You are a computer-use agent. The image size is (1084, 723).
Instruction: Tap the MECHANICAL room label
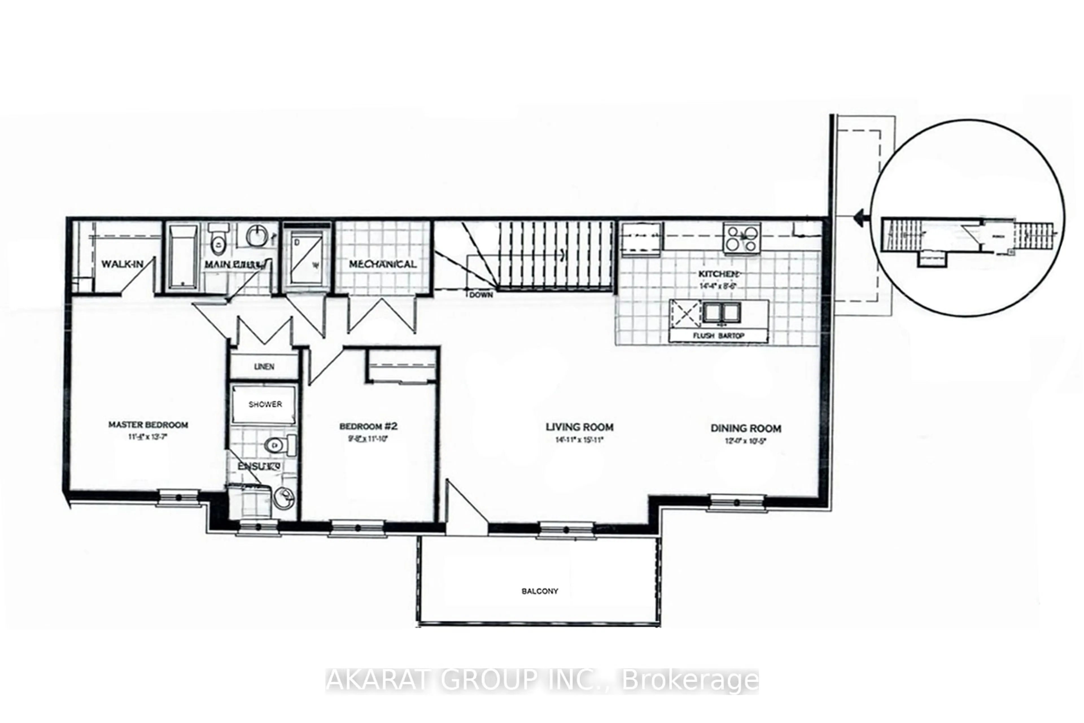(383, 264)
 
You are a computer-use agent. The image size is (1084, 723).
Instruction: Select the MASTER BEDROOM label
(148, 425)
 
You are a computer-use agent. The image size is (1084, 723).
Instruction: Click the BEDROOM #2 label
(368, 426)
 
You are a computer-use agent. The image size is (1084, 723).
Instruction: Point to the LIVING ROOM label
(579, 427)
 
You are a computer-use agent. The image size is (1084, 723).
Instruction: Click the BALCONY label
(540, 591)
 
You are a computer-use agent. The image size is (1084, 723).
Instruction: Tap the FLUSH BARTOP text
(718, 336)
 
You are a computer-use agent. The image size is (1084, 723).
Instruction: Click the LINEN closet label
(264, 367)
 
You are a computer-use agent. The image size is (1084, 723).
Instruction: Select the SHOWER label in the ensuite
(265, 404)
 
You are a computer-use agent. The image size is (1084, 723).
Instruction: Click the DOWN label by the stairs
(481, 295)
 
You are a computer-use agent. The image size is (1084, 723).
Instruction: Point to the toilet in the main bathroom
(218, 240)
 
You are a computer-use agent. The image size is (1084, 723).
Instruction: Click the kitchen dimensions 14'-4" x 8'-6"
(718, 286)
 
